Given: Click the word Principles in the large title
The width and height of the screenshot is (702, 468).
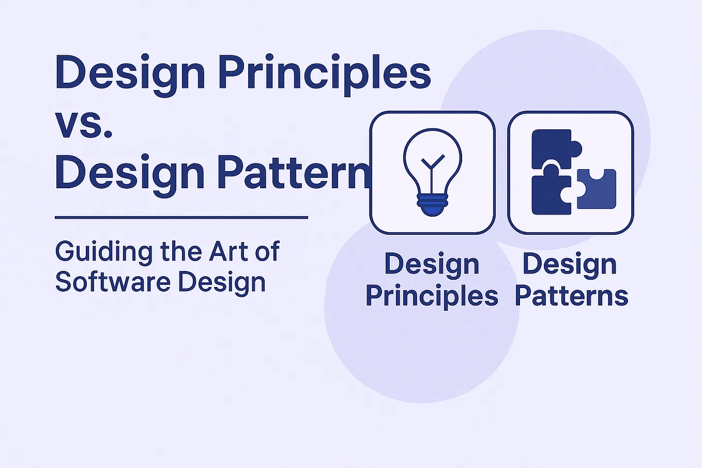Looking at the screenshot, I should point(324,74).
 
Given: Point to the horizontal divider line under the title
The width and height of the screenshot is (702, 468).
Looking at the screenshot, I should point(181,218).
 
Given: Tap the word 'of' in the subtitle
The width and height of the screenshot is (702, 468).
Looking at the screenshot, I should point(267,251).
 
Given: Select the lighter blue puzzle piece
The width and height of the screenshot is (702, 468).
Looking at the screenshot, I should point(597,189).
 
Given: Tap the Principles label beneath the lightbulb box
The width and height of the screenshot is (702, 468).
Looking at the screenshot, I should point(432,296).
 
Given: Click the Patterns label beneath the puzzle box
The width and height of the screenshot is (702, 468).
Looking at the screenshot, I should point(571,296).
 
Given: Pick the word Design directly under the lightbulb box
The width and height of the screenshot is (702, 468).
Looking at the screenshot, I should point(432,264).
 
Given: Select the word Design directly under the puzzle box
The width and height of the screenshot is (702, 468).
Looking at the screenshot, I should point(570,264).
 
